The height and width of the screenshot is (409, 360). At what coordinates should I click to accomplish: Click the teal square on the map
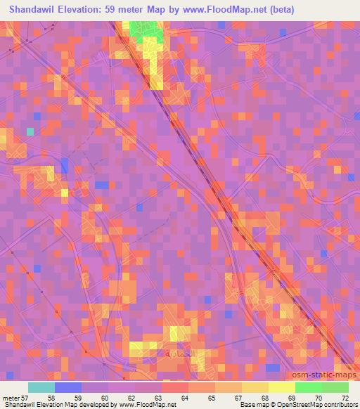(30, 131)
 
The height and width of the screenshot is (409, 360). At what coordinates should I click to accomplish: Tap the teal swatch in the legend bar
(41, 387)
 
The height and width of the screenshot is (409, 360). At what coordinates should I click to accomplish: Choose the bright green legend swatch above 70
(308, 387)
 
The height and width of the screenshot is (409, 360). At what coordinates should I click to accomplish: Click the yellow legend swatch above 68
(255, 387)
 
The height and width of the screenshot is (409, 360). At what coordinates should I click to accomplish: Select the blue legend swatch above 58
(68, 387)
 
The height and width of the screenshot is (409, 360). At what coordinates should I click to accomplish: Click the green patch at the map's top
(146, 30)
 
